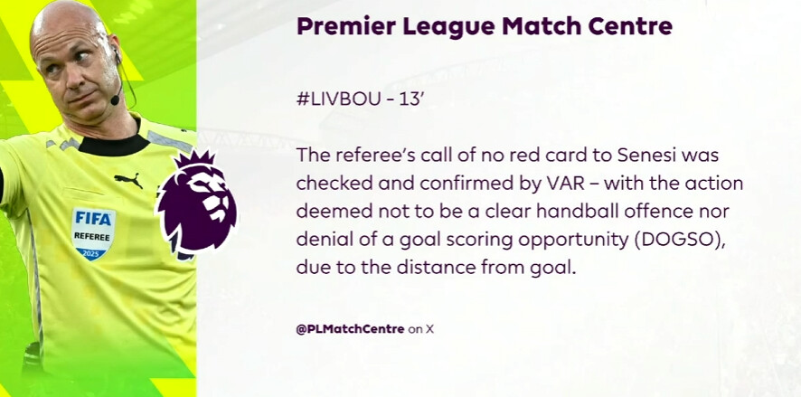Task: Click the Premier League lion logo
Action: tap(197, 204)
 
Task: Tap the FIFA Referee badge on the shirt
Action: tap(93, 233)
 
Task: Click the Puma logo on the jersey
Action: tap(128, 180)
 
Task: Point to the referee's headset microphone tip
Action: tap(115, 99)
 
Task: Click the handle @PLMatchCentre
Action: tap(351, 329)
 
